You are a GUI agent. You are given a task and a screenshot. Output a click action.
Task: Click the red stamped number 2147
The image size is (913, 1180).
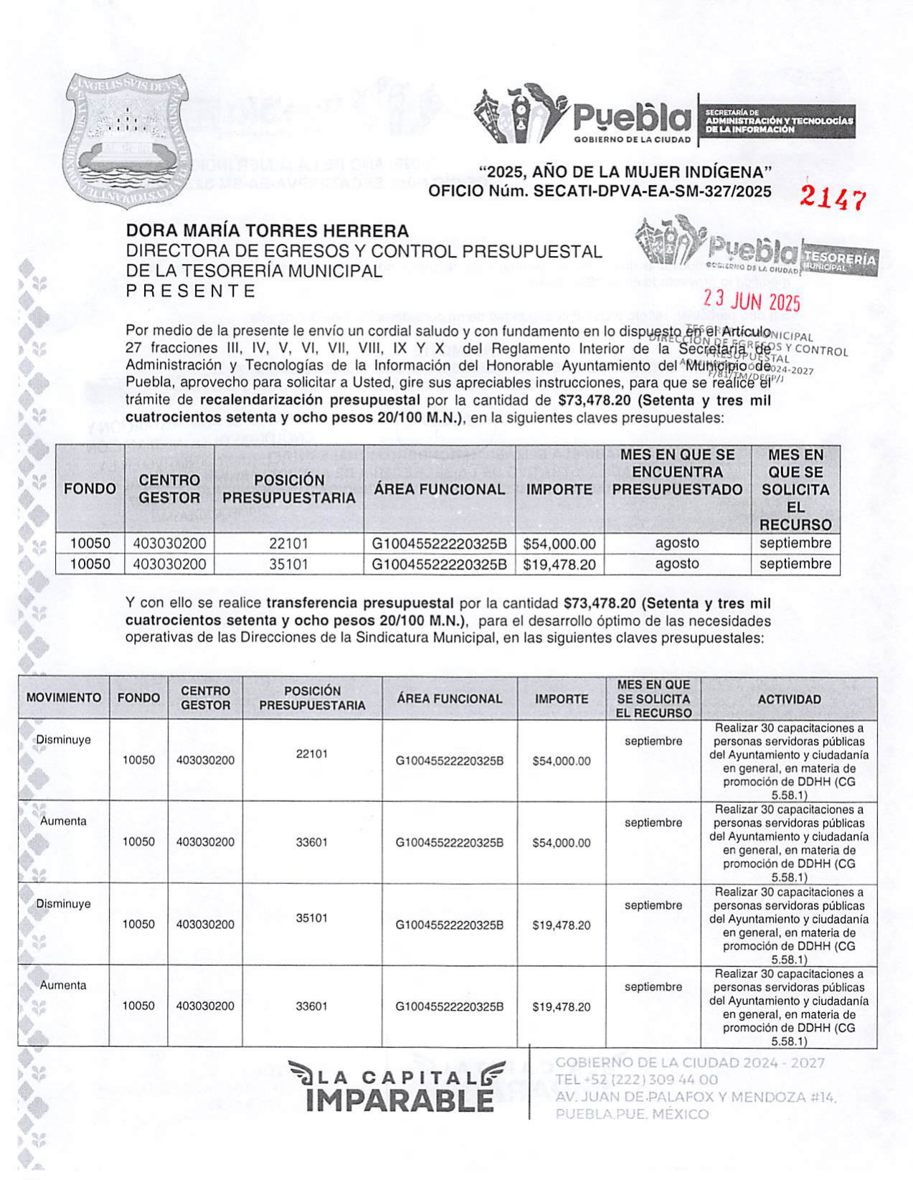833,199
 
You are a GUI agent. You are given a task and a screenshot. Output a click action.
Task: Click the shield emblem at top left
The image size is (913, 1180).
126,141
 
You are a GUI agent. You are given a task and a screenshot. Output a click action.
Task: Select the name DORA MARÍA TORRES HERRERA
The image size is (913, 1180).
267,231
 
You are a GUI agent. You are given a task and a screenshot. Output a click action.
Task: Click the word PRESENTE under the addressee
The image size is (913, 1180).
191,291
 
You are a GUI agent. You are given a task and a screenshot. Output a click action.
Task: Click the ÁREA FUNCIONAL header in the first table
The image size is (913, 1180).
439,489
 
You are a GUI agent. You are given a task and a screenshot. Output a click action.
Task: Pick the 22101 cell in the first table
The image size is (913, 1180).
288,544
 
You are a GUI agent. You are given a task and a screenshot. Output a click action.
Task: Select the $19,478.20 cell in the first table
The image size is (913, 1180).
559,565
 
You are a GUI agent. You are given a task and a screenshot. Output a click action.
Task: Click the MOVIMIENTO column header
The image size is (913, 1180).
64,698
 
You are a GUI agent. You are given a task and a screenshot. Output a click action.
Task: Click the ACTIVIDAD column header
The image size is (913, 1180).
789,699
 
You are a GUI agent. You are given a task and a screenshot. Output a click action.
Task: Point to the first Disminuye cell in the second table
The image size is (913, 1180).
64,740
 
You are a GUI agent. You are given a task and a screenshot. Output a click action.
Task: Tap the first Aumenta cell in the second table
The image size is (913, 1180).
64,821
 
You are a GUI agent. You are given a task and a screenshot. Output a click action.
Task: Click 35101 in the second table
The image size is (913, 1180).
311,918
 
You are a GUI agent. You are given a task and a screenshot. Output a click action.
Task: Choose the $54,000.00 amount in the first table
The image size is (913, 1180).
559,544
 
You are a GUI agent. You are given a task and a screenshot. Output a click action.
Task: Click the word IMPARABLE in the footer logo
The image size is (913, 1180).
399,1100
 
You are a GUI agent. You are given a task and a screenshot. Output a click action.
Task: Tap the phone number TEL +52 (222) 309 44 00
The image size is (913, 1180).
637,1080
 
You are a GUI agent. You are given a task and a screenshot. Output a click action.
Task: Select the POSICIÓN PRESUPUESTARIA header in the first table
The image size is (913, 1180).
288,489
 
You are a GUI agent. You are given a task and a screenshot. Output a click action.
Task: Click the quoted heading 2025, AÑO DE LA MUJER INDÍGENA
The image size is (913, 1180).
625,173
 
